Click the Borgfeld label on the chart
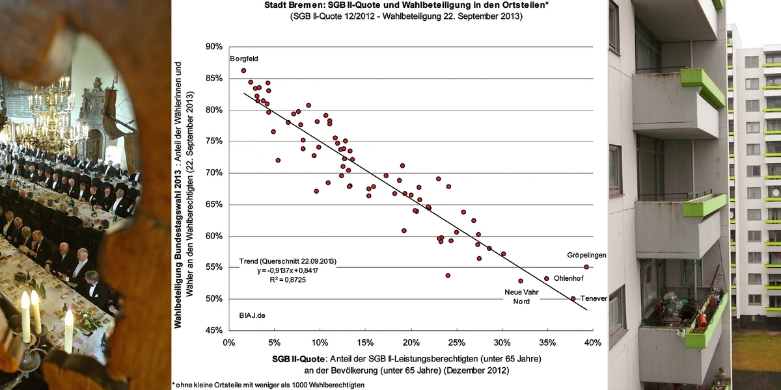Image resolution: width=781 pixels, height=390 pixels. (x=244, y=58)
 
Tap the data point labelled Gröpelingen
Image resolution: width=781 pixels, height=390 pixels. (x=586, y=267)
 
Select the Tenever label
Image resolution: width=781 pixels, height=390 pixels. (x=594, y=298)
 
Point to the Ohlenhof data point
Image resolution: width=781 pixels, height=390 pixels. (x=546, y=278)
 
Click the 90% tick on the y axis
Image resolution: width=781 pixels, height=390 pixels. (x=213, y=47)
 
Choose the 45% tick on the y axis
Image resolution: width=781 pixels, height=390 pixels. (x=213, y=330)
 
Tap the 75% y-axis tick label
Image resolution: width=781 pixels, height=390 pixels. (x=213, y=141)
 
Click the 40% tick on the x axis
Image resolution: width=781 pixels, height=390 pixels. (x=592, y=342)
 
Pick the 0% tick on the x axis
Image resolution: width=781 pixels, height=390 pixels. (x=228, y=342)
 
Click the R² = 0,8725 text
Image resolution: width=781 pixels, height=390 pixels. (x=280, y=280)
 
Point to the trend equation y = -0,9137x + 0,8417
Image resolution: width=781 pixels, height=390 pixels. (x=288, y=271)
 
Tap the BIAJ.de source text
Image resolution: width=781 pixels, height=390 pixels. (x=252, y=315)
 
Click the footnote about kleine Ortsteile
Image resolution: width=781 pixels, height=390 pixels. (x=268, y=385)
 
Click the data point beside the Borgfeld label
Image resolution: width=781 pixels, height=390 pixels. (x=243, y=71)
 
